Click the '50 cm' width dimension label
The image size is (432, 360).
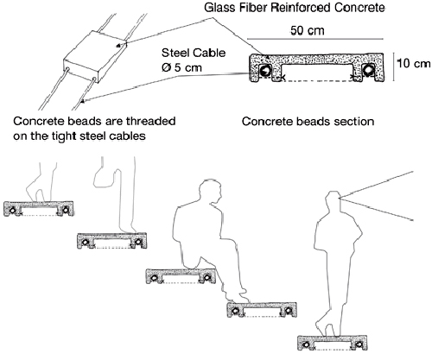click(x=308, y=30)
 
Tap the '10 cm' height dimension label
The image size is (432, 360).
click(x=414, y=64)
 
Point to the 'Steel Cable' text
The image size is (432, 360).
click(x=194, y=53)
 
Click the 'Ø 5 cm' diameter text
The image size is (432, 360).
click(x=181, y=67)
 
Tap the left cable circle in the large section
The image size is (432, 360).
click(x=264, y=71)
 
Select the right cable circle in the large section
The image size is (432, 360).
click(x=368, y=70)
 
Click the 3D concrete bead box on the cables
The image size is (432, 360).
click(x=95, y=56)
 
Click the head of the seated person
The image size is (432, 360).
click(x=211, y=193)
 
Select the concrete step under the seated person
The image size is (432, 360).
click(x=181, y=276)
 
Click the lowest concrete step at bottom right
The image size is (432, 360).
click(x=333, y=343)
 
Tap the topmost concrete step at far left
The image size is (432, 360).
click(x=39, y=209)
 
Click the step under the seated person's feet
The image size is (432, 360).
click(x=262, y=310)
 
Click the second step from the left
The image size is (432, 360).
click(x=112, y=241)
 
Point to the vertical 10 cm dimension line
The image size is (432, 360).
click(x=394, y=67)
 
